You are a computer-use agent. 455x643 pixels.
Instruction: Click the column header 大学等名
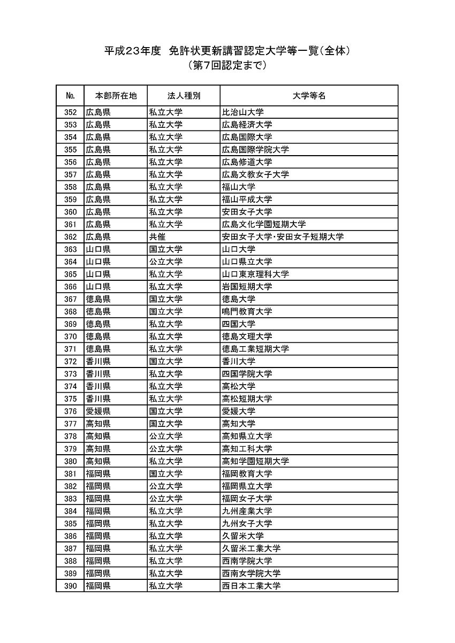pos(309,96)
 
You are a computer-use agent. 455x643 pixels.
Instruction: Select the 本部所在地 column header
pos(116,96)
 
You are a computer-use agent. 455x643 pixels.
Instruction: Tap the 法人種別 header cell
pos(184,96)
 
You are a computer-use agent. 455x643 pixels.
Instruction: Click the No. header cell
pos(70,96)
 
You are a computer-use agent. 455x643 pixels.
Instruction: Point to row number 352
pos(70,112)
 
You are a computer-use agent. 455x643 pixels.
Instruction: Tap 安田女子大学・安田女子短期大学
pos(283,237)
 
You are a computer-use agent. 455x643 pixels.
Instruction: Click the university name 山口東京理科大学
pos(255,274)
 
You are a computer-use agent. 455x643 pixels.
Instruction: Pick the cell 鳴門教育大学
pos(247,311)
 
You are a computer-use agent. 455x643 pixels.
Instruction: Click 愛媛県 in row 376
pos(98,411)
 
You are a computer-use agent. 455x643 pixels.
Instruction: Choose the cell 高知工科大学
pos(247,449)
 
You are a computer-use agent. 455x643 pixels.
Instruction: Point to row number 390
pos(70,586)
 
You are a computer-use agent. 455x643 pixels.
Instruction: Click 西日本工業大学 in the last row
pos(251,586)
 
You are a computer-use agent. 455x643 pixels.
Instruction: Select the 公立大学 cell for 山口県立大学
pos(165,262)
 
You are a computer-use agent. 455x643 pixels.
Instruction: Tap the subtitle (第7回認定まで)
pos(227,66)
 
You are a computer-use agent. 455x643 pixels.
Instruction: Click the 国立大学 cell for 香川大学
pos(165,362)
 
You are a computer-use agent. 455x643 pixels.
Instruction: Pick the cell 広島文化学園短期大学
pos(264,224)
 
